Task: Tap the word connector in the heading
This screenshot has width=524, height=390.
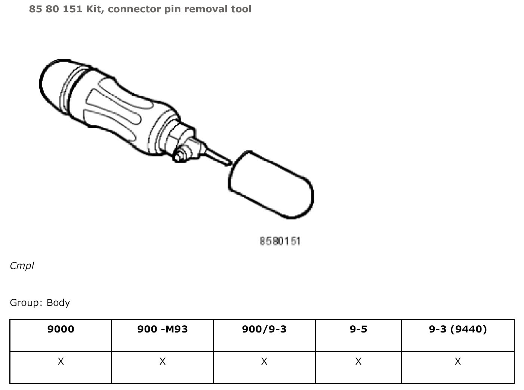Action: [134, 9]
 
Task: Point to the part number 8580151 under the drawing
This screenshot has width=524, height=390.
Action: [280, 241]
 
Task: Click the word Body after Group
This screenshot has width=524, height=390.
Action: [58, 303]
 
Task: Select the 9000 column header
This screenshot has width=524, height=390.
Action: [61, 329]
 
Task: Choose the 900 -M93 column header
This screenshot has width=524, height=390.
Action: [163, 329]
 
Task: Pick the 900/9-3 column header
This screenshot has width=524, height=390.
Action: [264, 329]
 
